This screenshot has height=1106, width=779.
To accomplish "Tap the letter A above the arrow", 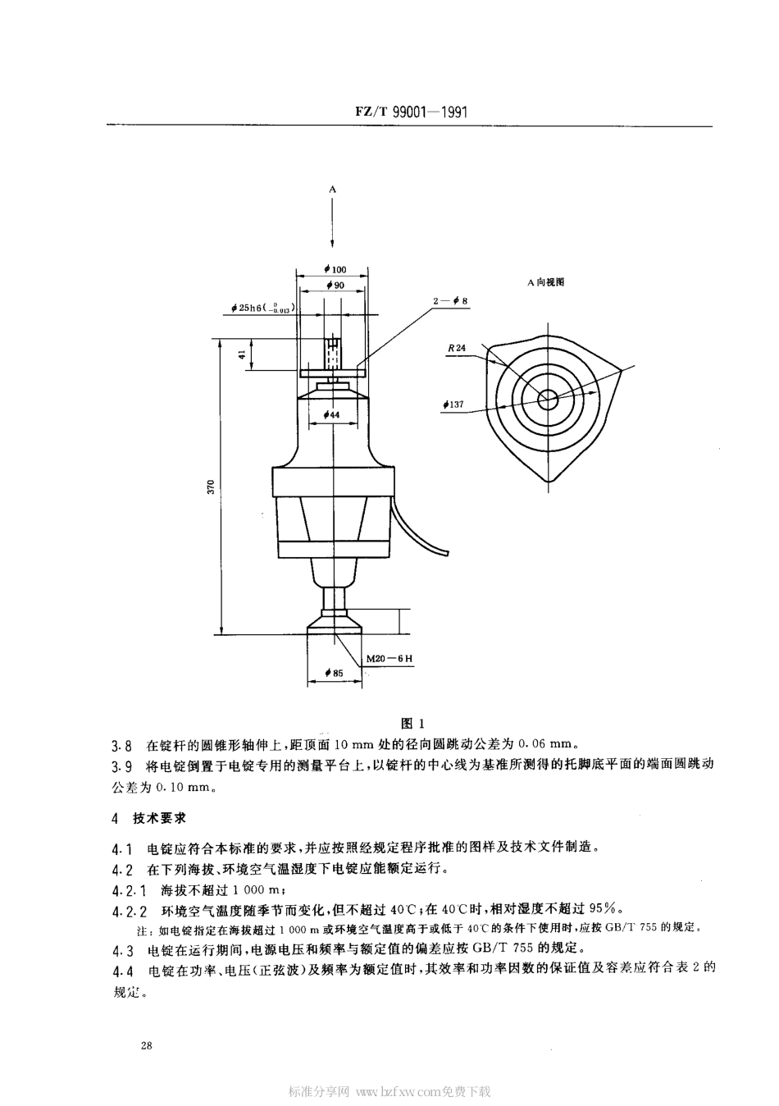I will click(333, 190).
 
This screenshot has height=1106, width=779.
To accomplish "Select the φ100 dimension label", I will click(335, 269).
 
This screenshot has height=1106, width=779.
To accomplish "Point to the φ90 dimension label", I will click(334, 285).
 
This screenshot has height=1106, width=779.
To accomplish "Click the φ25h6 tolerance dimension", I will click(263, 308).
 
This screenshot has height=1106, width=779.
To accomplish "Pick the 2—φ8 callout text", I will click(450, 301).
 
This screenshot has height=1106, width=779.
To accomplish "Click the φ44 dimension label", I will click(332, 415).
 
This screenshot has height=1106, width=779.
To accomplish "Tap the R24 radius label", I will click(457, 348).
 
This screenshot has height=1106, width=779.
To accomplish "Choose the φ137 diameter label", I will click(453, 404).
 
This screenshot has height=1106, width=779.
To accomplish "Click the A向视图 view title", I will click(545, 281).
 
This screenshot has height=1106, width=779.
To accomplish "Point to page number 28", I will click(147, 1044).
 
